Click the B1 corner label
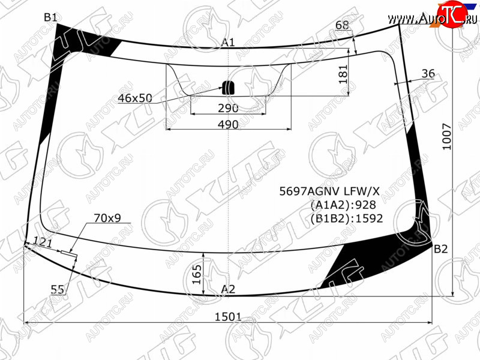[x=50, y=17]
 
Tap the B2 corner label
[x=441, y=249]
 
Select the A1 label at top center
[x=228, y=42]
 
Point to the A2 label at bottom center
[x=228, y=289]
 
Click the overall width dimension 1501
[x=228, y=317]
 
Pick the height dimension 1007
[x=447, y=137]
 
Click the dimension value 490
[x=228, y=124]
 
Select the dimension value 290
[x=228, y=108]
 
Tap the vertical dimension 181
[x=343, y=74]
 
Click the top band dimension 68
[x=342, y=25]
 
